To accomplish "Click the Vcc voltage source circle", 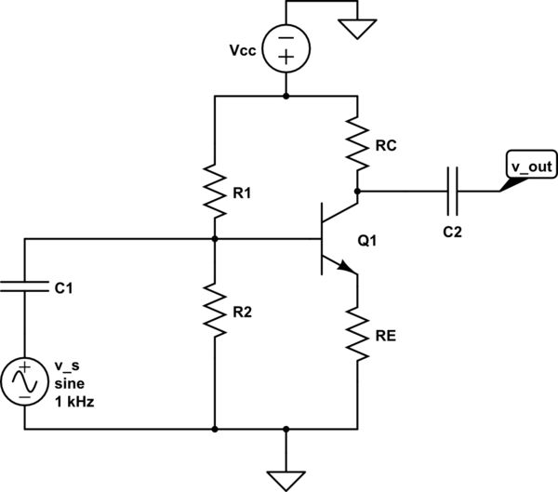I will point(286,49).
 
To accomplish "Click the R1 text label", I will point(245,194).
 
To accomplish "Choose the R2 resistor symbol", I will point(215,311).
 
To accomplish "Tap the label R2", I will point(245,312).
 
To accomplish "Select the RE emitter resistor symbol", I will point(357,334).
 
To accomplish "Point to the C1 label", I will point(63,289).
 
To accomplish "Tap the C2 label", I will point(452,230).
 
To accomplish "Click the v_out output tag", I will point(530,167).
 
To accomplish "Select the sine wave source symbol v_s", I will point(23,381).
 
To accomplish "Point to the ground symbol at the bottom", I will point(286,475).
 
